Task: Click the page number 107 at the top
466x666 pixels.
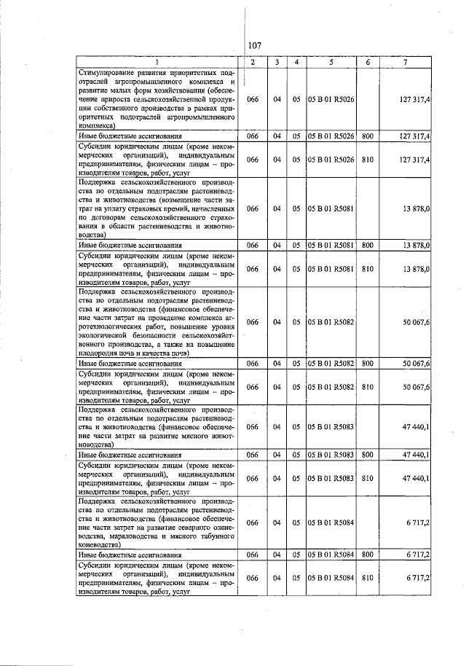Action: pos(254,46)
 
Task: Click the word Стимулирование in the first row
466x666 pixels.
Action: pos(109,73)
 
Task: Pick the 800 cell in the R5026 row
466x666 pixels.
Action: pos(368,136)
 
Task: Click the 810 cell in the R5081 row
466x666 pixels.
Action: pos(368,269)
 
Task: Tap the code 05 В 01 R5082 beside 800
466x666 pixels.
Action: pos(331,362)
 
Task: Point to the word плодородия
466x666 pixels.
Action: pos(99,352)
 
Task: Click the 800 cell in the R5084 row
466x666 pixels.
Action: pos(368,554)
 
